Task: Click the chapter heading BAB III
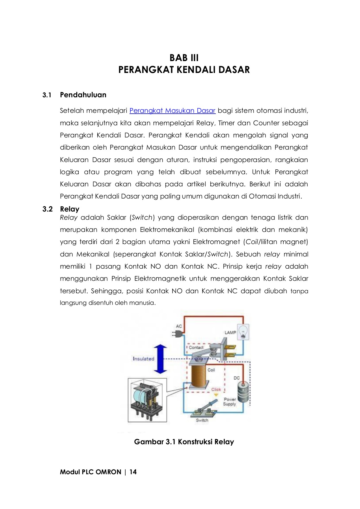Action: pyautogui.click(x=184, y=58)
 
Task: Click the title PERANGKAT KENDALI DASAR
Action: pyautogui.click(x=184, y=70)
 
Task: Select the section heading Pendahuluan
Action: pyautogui.click(x=83, y=95)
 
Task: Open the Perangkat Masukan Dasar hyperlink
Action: pyautogui.click(x=172, y=111)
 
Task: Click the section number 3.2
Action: pyautogui.click(x=48, y=209)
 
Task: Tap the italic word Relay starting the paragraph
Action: pyautogui.click(x=68, y=218)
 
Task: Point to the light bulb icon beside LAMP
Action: pyautogui.click(x=243, y=332)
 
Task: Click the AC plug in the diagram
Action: pyautogui.click(x=178, y=334)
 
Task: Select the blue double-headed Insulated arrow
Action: pyautogui.click(x=160, y=359)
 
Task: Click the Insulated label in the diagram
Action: pyautogui.click(x=143, y=359)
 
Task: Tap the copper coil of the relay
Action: pyautogui.click(x=200, y=375)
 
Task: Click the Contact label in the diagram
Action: pyautogui.click(x=196, y=348)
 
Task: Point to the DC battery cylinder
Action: pyautogui.click(x=243, y=392)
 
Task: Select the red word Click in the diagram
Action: pyautogui.click(x=216, y=389)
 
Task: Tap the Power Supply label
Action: pyautogui.click(x=229, y=402)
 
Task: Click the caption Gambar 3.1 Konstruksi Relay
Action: pyautogui.click(x=184, y=442)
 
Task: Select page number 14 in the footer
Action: pyautogui.click(x=133, y=472)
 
